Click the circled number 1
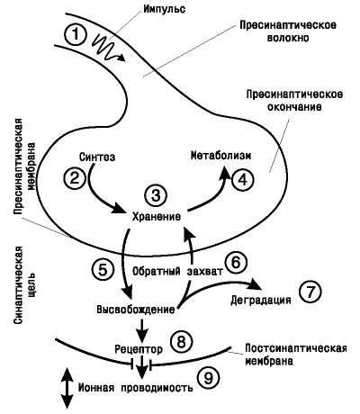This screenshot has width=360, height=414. click(x=76, y=34)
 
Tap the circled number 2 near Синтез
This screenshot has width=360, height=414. click(x=75, y=177)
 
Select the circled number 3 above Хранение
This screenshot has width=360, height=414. click(x=157, y=195)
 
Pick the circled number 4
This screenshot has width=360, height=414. click(x=243, y=180)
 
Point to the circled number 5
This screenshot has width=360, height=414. click(x=103, y=269)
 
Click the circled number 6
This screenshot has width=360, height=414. click(x=236, y=263)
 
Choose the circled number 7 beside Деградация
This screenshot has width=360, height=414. click(x=310, y=292)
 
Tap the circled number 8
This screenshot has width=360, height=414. click(x=182, y=341)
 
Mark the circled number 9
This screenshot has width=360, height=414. click(x=208, y=378)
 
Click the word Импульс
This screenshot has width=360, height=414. click(x=164, y=9)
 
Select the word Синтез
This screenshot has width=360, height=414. click(x=97, y=157)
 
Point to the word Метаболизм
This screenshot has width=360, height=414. click(x=221, y=156)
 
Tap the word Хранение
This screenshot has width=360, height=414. click(x=157, y=217)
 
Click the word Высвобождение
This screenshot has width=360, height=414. click(x=136, y=309)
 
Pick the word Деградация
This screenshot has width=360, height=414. click(x=261, y=300)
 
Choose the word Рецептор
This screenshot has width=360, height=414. click(x=139, y=349)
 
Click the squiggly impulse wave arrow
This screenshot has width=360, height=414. click(x=107, y=48)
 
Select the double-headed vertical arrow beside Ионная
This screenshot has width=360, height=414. click(x=67, y=388)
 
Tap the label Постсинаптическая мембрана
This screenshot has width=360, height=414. click(x=296, y=355)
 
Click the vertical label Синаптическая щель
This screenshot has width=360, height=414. click(x=24, y=285)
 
